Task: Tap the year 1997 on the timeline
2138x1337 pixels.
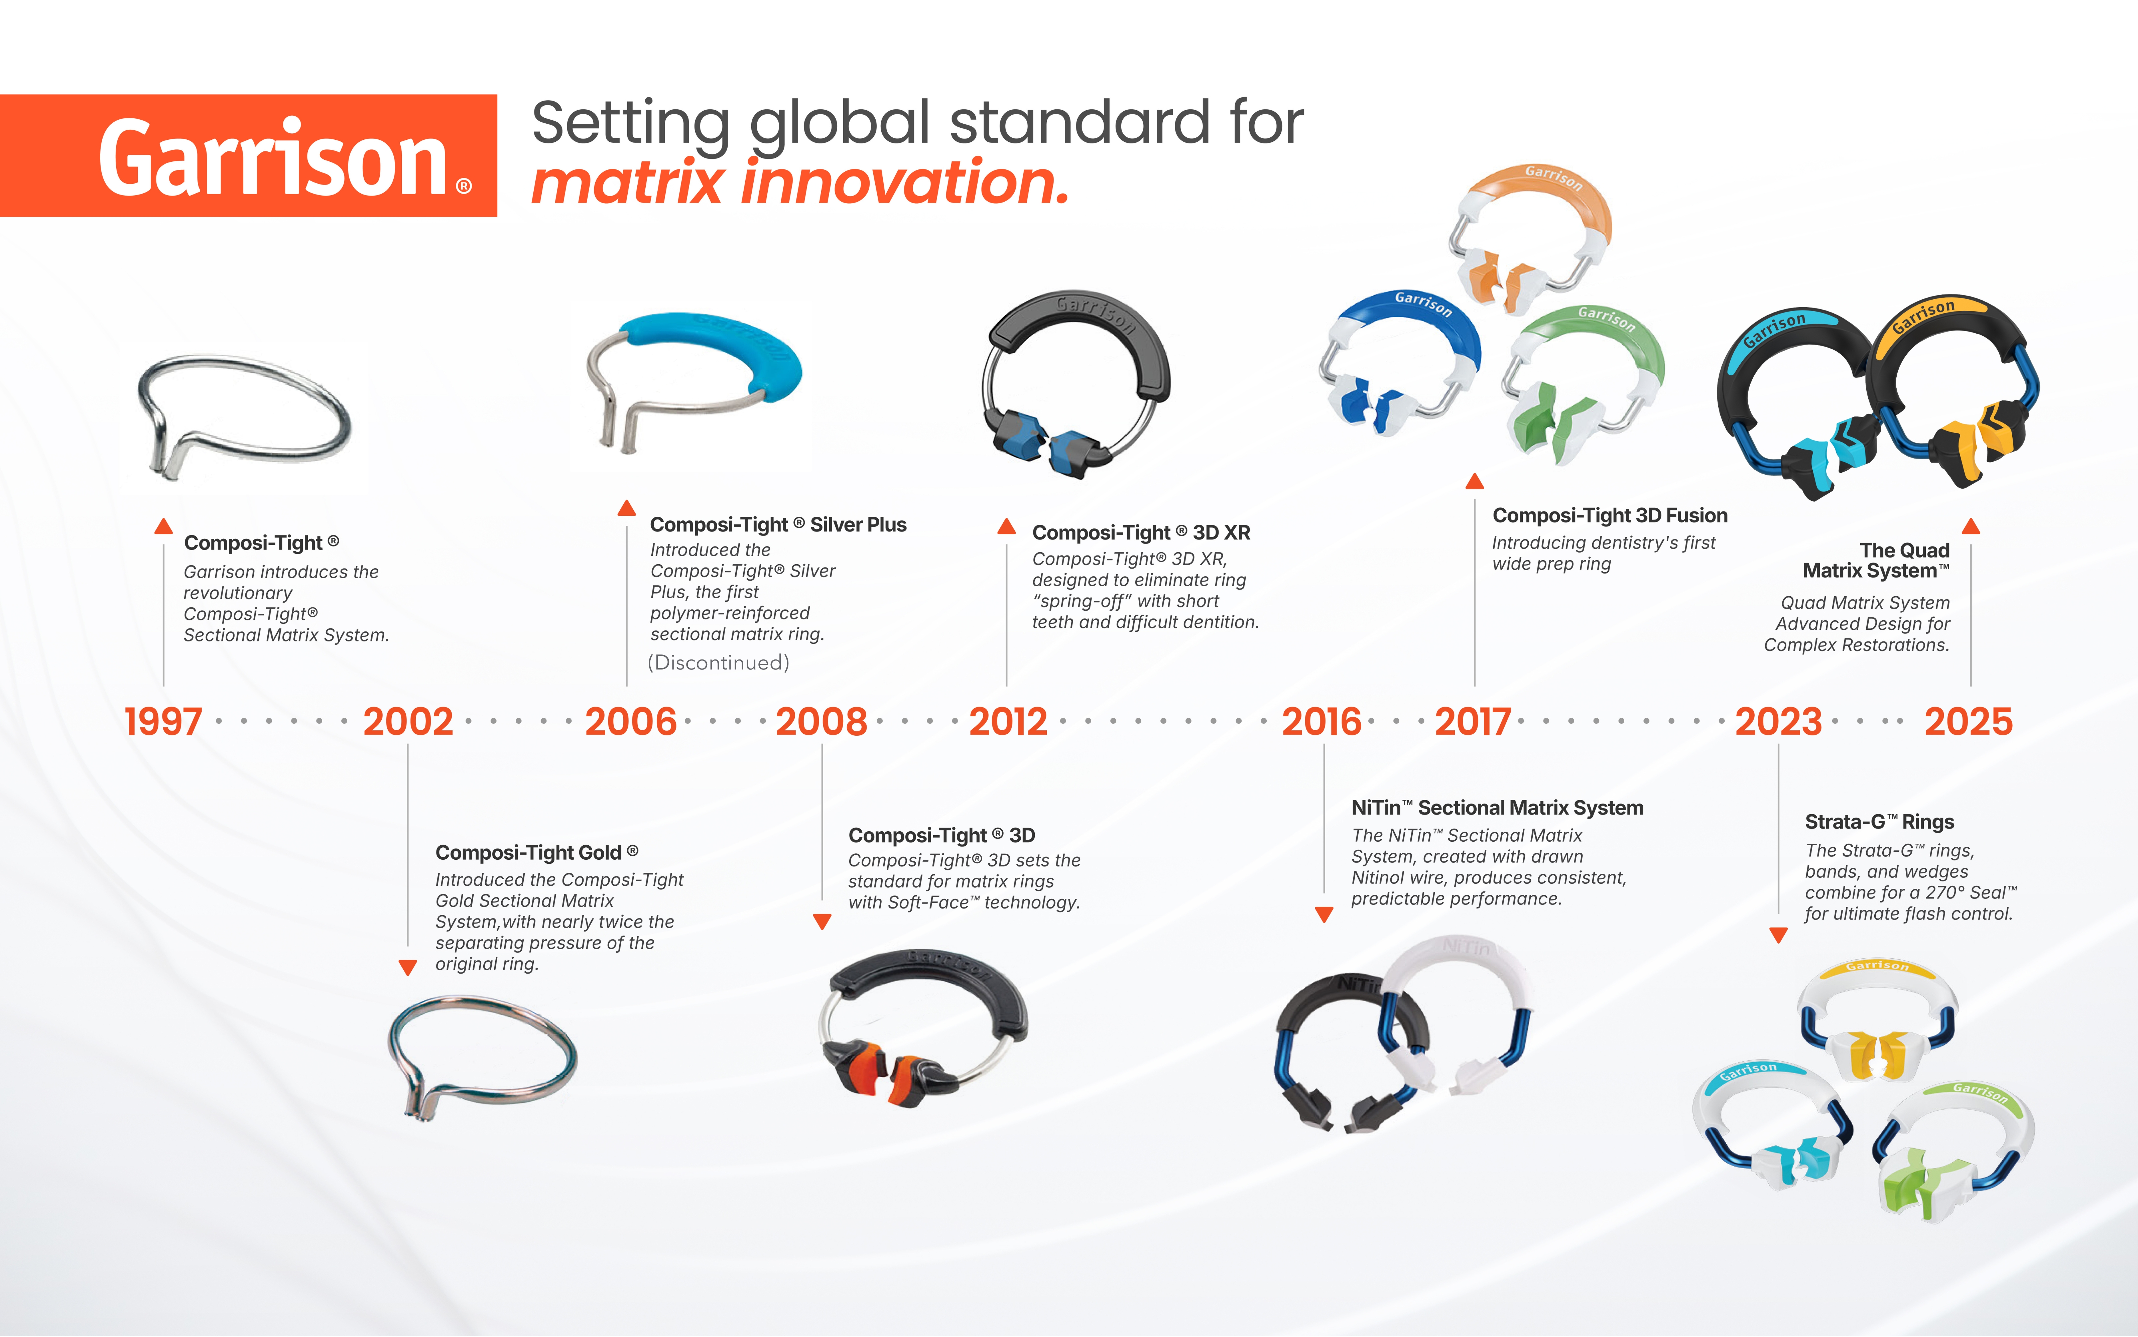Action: [x=163, y=722]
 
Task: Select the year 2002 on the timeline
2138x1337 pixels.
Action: [x=408, y=722]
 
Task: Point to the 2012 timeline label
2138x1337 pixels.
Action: [x=1008, y=722]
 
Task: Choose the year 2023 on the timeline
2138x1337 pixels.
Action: [x=1778, y=722]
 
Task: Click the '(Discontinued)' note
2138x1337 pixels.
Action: [x=718, y=662]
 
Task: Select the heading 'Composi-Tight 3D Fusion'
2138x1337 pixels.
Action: [x=1609, y=515]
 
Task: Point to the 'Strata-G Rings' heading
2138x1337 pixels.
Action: [x=1879, y=822]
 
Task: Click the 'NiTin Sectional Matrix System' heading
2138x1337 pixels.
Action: [x=1497, y=807]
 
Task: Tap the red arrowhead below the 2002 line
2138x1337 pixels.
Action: [x=408, y=967]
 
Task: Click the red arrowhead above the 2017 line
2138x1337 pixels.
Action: [x=1474, y=481]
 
